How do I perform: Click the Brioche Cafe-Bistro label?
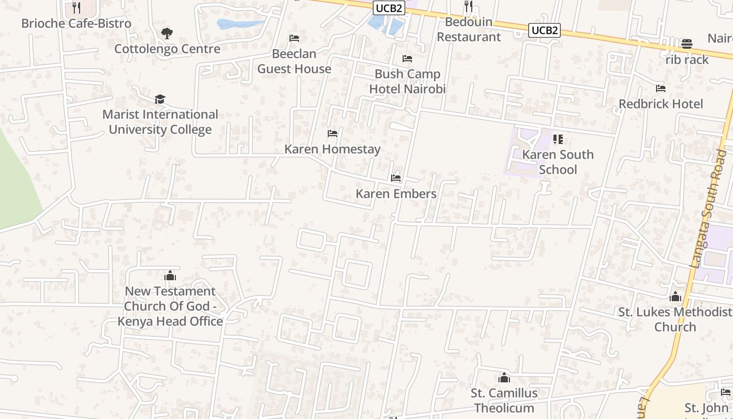tap(76, 24)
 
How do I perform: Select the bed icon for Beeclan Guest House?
tap(294, 38)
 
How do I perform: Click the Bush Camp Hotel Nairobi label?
tap(407, 81)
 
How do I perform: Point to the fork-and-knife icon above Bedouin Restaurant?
tap(469, 6)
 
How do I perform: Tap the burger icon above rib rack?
tap(686, 43)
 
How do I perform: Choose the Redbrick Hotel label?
tap(661, 104)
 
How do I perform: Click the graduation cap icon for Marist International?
tap(160, 99)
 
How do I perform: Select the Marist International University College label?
tap(160, 122)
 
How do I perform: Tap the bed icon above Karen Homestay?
tap(332, 134)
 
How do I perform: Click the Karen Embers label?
tap(396, 194)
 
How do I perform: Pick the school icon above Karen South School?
tap(558, 139)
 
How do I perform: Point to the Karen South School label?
tap(558, 162)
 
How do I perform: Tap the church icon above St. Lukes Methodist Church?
tap(675, 297)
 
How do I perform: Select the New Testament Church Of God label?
tap(170, 306)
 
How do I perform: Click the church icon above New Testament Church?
tap(170, 275)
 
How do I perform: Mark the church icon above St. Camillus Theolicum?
tap(504, 378)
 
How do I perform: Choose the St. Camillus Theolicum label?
tap(504, 400)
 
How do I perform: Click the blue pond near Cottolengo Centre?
tap(238, 24)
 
